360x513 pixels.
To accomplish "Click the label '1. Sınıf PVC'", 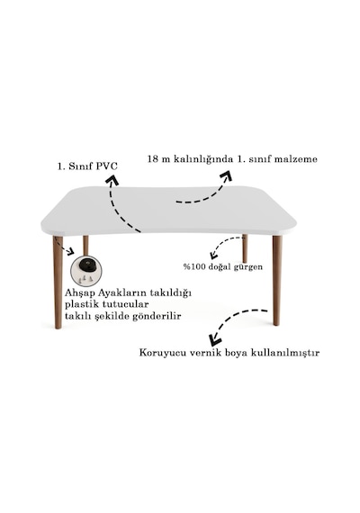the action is (87, 166).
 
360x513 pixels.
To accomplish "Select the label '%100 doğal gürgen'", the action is (223, 267).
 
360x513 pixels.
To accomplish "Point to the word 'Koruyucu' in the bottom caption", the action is (162, 353).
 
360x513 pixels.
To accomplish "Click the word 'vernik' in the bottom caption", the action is (202, 353).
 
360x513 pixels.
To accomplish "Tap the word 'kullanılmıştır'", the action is (285, 353).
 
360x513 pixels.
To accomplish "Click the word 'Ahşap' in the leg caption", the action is (77, 292).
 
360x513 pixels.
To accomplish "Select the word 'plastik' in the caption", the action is (82, 304).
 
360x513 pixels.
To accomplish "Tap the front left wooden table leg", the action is (58, 282).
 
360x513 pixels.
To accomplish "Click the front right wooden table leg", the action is (277, 281).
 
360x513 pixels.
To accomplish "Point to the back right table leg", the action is (245, 248).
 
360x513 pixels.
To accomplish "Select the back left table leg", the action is (85, 246).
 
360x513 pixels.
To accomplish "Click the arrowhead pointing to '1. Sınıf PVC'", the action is (112, 180).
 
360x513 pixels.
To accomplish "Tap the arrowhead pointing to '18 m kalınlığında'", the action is (227, 175).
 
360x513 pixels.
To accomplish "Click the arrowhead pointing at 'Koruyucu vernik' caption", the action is (215, 339).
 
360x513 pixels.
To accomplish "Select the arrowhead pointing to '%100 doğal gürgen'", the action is (213, 255).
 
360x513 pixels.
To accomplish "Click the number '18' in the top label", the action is (153, 159).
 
